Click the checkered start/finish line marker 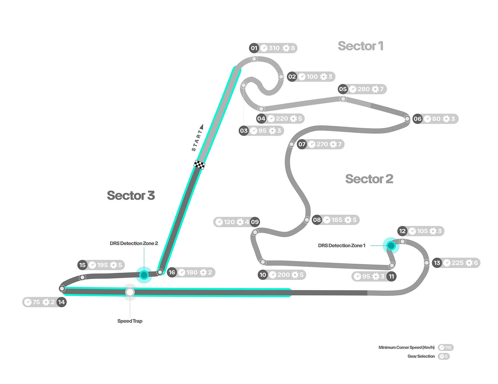coord(199,164)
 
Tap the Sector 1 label coord(361,46)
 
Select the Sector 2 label coord(369,179)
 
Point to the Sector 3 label coord(131,196)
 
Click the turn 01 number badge coord(254,48)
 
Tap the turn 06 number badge coord(417,119)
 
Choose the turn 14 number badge coord(61,302)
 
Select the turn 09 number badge coord(255,222)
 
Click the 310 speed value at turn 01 coord(274,48)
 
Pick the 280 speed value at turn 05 coord(363,89)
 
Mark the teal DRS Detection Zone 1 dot coord(391,245)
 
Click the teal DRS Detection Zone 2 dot coord(144,275)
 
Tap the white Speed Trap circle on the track coord(130,292)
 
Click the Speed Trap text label coord(130,321)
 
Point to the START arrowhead coord(202,127)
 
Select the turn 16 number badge coord(172,272)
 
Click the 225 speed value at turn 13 coord(457,263)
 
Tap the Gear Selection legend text coord(421,356)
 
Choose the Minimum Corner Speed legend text coord(406,347)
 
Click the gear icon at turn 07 coord(333,144)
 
